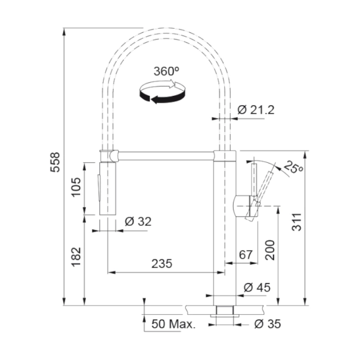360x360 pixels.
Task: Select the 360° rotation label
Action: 166,71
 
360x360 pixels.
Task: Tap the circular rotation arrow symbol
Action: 161,93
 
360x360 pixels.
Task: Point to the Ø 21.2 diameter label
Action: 255,109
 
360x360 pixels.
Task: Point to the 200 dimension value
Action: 269,251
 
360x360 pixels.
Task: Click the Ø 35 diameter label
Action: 267,324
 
